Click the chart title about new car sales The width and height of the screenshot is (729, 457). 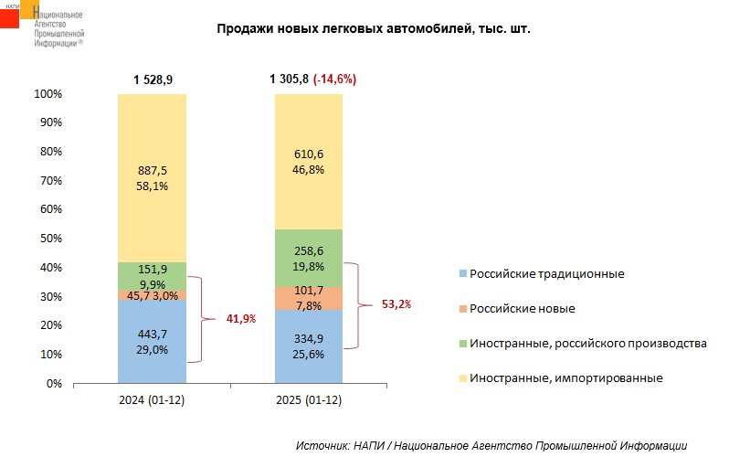tap(373, 29)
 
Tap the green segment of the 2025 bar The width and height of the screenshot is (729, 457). tap(308, 258)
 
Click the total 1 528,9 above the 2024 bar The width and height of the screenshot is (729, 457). tap(153, 80)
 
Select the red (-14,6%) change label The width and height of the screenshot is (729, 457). tap(334, 80)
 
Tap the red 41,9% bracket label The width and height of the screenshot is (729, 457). tap(240, 319)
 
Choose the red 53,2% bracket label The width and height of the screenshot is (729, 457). tap(396, 303)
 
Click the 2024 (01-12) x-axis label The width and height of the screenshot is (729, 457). tap(152, 401)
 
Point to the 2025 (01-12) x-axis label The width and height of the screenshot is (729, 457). tap(308, 401)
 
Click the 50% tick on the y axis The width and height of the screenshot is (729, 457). tap(49, 239)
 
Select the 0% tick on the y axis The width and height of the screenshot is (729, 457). tap(53, 383)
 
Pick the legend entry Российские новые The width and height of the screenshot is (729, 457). tap(522, 308)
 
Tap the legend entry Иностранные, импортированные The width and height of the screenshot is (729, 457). tap(565, 377)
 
